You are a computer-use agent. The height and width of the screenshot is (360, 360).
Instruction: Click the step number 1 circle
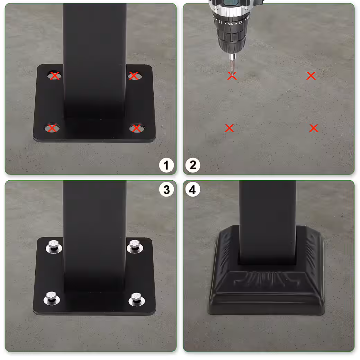click(x=166, y=165)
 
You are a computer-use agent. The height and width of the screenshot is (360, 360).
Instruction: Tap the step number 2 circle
click(x=193, y=165)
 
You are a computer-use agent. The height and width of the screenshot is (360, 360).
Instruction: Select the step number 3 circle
click(x=166, y=190)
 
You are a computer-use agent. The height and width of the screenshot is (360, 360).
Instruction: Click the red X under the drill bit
click(x=232, y=76)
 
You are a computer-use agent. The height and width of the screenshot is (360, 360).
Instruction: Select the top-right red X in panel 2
click(x=311, y=76)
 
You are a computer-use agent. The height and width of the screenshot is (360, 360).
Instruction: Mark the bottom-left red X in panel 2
click(x=229, y=128)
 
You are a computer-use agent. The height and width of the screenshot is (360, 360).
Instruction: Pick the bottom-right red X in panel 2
click(x=314, y=128)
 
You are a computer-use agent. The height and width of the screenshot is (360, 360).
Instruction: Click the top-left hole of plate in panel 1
click(x=54, y=75)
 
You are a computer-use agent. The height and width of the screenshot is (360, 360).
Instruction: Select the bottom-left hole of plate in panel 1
click(x=52, y=128)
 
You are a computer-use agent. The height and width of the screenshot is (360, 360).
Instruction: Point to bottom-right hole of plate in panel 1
click(x=137, y=128)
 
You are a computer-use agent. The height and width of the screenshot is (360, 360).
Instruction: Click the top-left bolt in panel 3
click(x=54, y=246)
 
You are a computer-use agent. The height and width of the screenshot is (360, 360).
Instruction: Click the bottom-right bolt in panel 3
click(x=136, y=298)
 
